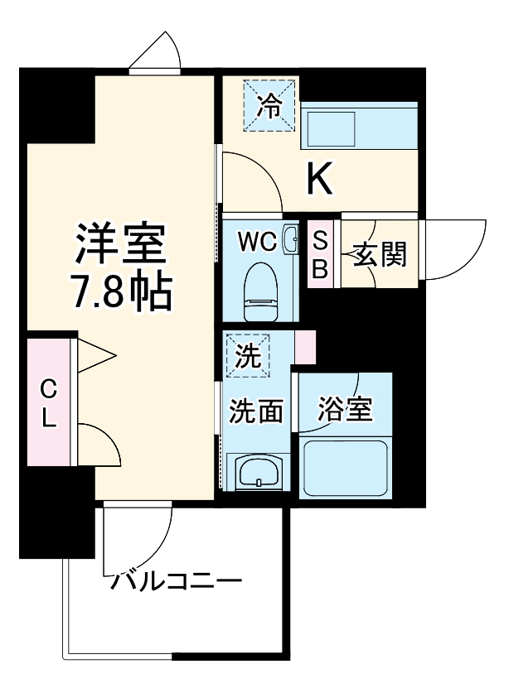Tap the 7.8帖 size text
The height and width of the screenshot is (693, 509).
pos(122,291)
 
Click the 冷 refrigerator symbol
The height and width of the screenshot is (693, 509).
pos(269,105)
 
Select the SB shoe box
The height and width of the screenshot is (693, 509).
pos(320,255)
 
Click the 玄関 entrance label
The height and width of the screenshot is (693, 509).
pos(379,255)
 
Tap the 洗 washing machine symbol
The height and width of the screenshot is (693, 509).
pos(247,354)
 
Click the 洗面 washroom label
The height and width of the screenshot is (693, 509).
pos(256,410)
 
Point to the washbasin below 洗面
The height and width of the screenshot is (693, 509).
pos(257,474)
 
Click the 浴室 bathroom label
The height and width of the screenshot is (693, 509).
pos(345,409)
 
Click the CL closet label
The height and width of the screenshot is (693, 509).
pos(50,402)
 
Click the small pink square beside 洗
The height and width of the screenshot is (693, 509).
pos(304,347)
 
